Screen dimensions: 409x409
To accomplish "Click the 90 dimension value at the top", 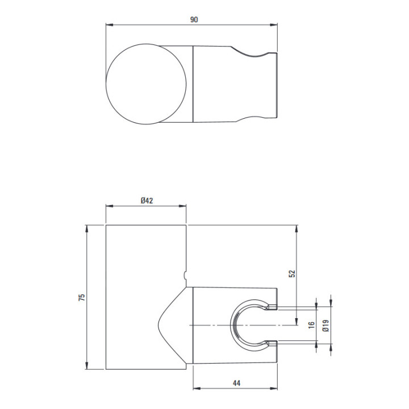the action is coord(194,19).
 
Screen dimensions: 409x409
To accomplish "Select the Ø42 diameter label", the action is coord(147,201).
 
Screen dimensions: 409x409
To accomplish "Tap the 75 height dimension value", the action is coord(82,297).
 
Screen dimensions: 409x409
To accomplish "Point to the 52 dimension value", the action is coord(293,273).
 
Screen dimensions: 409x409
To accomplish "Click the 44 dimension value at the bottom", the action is coord(236,383).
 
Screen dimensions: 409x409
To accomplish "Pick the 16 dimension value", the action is coord(311,325).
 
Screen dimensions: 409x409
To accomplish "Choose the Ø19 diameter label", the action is coord(326,325).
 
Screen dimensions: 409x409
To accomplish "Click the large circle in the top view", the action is coord(106,84).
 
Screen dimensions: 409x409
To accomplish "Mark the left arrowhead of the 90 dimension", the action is coord(110,25).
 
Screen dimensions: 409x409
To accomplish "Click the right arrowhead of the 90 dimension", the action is coord(274,25).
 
